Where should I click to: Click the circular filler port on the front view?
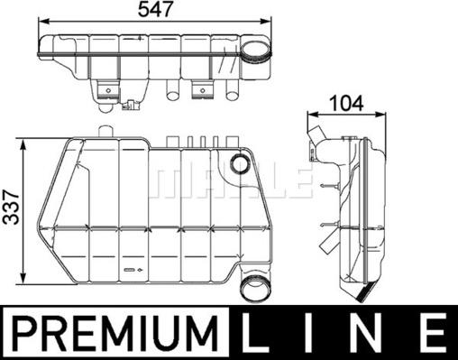(240, 164)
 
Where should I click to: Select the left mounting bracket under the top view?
(109, 88)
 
